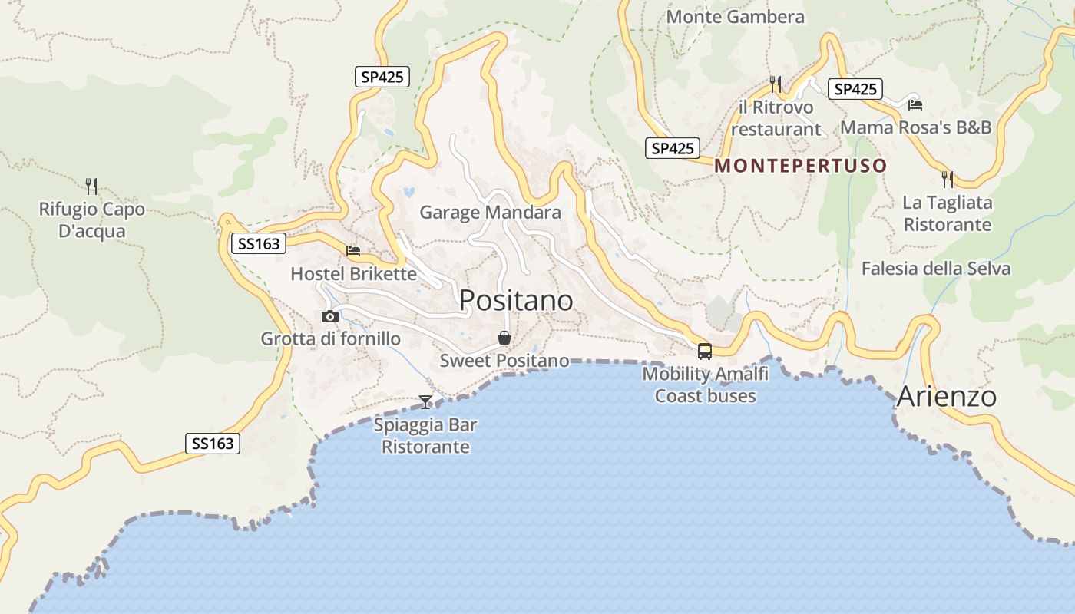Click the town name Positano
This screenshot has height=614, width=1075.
pyautogui.click(x=516, y=300)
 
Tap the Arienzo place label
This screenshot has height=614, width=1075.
pyautogui.click(x=946, y=397)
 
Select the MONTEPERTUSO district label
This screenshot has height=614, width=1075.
pyautogui.click(x=801, y=165)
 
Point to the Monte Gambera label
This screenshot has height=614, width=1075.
pyautogui.click(x=736, y=17)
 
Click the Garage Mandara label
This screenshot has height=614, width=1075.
pyautogui.click(x=490, y=213)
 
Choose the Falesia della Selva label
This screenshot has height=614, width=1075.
pyautogui.click(x=935, y=269)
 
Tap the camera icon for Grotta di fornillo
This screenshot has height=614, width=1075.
pyautogui.click(x=330, y=316)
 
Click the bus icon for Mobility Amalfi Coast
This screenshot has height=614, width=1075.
pyautogui.click(x=705, y=352)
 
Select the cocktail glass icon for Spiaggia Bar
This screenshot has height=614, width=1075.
pyautogui.click(x=425, y=401)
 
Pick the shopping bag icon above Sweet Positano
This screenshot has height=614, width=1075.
pyautogui.click(x=504, y=338)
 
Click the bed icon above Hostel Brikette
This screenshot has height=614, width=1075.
pyautogui.click(x=353, y=250)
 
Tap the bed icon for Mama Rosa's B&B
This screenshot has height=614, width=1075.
pyautogui.click(x=915, y=105)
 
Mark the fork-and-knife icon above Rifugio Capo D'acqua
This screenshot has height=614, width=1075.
pyautogui.click(x=91, y=186)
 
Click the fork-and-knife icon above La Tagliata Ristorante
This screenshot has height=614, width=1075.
pyautogui.click(x=948, y=180)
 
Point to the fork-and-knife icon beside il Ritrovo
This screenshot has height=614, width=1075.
pyautogui.click(x=776, y=84)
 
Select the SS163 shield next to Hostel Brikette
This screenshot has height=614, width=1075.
pyautogui.click(x=258, y=244)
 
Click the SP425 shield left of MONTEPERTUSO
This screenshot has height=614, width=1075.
pyautogui.click(x=672, y=148)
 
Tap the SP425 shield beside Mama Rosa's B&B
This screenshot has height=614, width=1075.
pyautogui.click(x=855, y=89)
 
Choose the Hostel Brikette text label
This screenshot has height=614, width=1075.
pyautogui.click(x=353, y=274)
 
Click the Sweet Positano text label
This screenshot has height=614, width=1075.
pyautogui.click(x=504, y=361)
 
